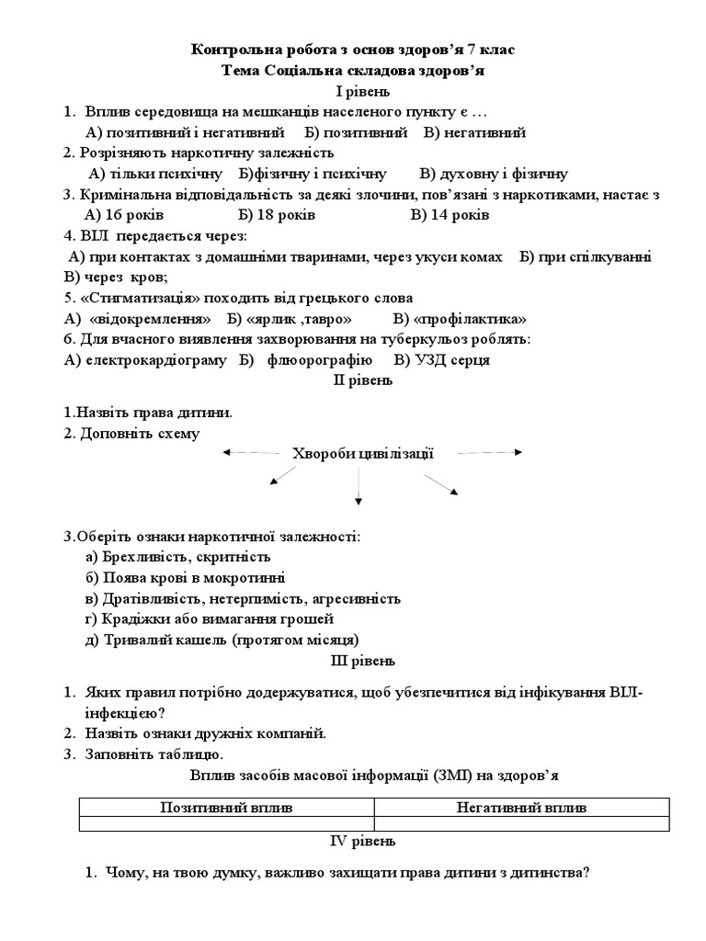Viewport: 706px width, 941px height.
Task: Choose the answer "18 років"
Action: coord(288,215)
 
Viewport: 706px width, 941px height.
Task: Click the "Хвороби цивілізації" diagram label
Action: coord(362,453)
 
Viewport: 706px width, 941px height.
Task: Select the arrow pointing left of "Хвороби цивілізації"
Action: coord(251,452)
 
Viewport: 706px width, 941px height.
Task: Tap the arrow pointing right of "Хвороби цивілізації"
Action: coord(490,452)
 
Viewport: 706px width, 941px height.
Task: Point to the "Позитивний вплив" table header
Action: coord(227,808)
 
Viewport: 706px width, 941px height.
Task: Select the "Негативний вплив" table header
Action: coord(521,808)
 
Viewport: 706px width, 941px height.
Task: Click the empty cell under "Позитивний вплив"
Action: coord(227,824)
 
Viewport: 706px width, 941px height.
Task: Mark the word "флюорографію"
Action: coord(320,359)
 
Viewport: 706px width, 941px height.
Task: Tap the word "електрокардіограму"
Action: coord(156,359)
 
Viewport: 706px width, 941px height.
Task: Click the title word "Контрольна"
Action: coord(233,51)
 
